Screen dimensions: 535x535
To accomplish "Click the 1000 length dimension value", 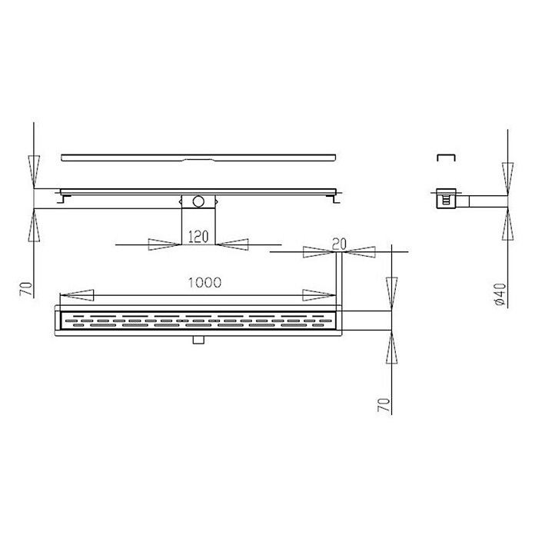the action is pyautogui.click(x=204, y=283).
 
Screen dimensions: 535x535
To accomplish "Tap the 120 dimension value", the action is pyautogui.click(x=198, y=237).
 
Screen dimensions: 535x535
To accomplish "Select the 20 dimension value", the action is pyautogui.click(x=339, y=244).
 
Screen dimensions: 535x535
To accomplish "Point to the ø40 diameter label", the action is pyautogui.click(x=500, y=294).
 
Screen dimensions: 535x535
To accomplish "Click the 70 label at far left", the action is pyautogui.click(x=27, y=289).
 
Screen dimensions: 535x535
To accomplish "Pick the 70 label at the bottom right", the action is pyautogui.click(x=384, y=404).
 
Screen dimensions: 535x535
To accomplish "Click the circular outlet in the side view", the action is pyautogui.click(x=198, y=201).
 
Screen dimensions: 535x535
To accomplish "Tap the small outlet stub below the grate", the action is pyautogui.click(x=198, y=340).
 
